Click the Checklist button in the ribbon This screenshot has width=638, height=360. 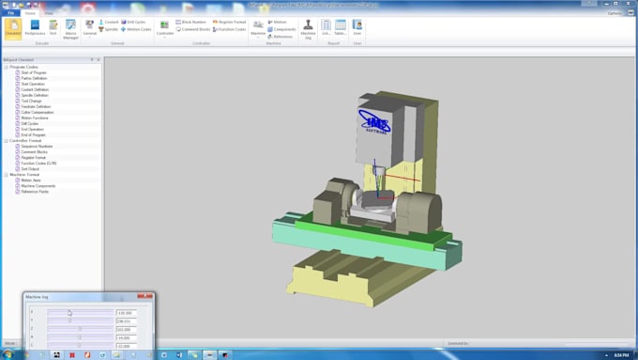(13, 27)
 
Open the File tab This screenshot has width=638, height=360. (11, 13)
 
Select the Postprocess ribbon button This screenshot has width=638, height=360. (35, 27)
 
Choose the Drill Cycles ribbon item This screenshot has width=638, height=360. (135, 22)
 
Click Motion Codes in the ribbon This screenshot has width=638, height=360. (137, 29)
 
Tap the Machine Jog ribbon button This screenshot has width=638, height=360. (308, 29)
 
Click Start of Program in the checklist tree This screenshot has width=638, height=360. (34, 72)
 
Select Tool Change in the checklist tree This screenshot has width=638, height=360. (31, 101)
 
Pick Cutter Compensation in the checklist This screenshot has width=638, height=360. (38, 112)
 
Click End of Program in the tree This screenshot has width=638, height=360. (33, 134)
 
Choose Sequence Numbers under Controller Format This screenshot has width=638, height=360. (37, 146)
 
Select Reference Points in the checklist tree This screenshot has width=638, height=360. (35, 192)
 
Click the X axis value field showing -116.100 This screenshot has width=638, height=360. (126, 313)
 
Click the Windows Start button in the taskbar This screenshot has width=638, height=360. (8, 354)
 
